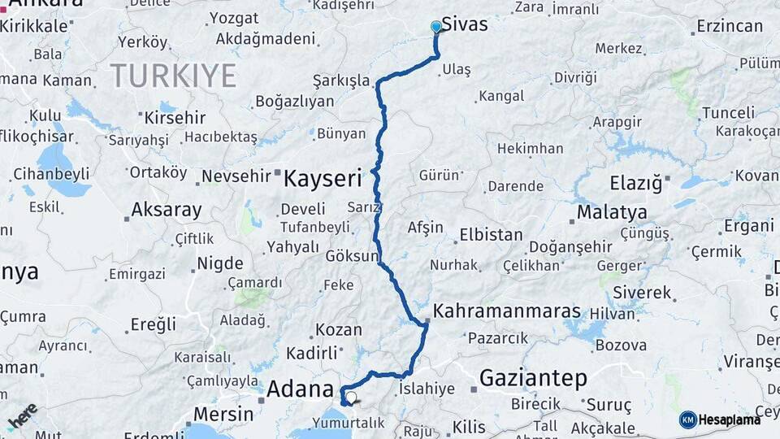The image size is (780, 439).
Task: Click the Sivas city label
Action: point(465,24)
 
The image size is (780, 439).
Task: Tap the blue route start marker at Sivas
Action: point(436,27)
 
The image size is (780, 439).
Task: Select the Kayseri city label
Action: point(322,178)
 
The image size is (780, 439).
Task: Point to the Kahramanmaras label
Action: point(507,311)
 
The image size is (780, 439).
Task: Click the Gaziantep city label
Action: point(533,377)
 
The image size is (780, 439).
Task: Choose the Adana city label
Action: point(301,389)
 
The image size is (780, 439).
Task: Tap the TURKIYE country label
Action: point(173,76)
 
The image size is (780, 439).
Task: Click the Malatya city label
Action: point(612,213)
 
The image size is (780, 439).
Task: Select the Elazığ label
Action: point(636,183)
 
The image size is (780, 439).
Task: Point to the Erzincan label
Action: point(730,26)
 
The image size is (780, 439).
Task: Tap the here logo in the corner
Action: point(23,415)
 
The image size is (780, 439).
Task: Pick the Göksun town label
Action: point(352,256)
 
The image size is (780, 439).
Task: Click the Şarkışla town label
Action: point(341,81)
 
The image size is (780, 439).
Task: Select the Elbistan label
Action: point(491,234)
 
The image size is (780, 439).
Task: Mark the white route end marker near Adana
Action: point(352,398)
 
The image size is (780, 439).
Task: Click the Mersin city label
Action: point(223,414)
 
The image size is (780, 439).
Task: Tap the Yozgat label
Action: point(234,18)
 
